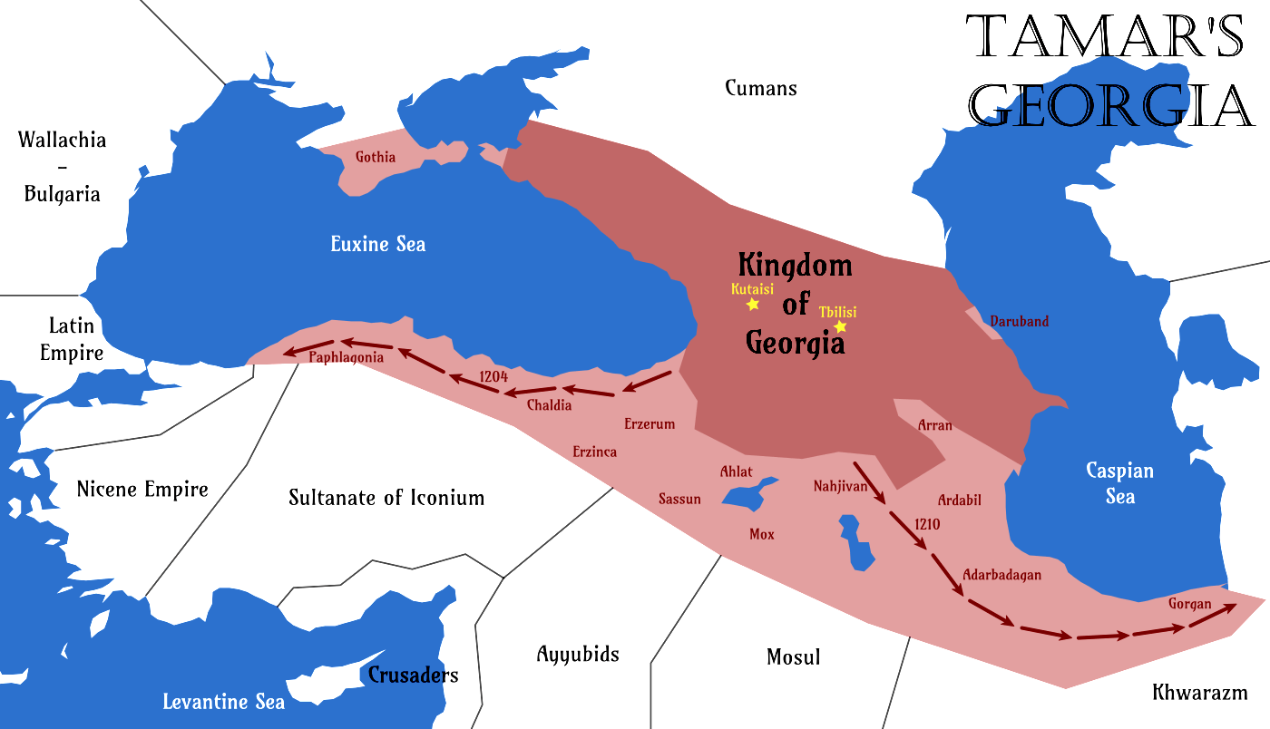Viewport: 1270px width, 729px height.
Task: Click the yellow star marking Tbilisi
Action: [x=840, y=326]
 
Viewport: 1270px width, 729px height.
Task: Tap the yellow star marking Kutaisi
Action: [x=752, y=305]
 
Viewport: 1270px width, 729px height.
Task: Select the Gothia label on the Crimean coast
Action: [x=376, y=157]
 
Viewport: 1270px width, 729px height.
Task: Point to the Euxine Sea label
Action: [x=377, y=244]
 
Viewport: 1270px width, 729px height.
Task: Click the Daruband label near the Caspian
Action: [x=1019, y=321]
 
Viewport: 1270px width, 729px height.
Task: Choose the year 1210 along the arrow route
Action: [x=927, y=523]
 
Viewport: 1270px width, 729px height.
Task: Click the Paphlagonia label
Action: [x=346, y=357]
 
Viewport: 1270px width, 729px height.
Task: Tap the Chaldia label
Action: [x=549, y=405]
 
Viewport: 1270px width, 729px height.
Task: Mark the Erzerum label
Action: [x=650, y=423]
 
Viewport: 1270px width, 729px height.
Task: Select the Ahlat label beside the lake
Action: [x=736, y=471]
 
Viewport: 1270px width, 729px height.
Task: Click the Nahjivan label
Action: [x=841, y=487]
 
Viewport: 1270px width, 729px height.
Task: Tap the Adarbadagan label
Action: [x=1001, y=575]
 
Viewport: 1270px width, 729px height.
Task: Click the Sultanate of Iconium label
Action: [x=386, y=498]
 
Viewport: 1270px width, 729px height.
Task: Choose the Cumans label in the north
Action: [x=760, y=88]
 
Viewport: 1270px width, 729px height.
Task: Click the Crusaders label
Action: [x=413, y=675]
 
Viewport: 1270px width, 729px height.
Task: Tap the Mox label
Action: [x=762, y=534]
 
